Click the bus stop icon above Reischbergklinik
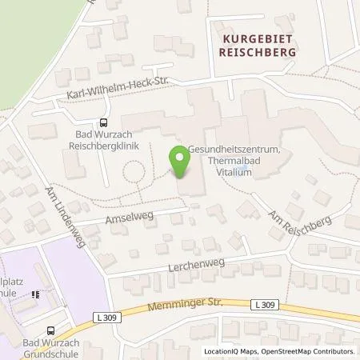coord(103,122)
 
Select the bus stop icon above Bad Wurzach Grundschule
coord(52,329)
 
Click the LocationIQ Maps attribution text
coord(230,352)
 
